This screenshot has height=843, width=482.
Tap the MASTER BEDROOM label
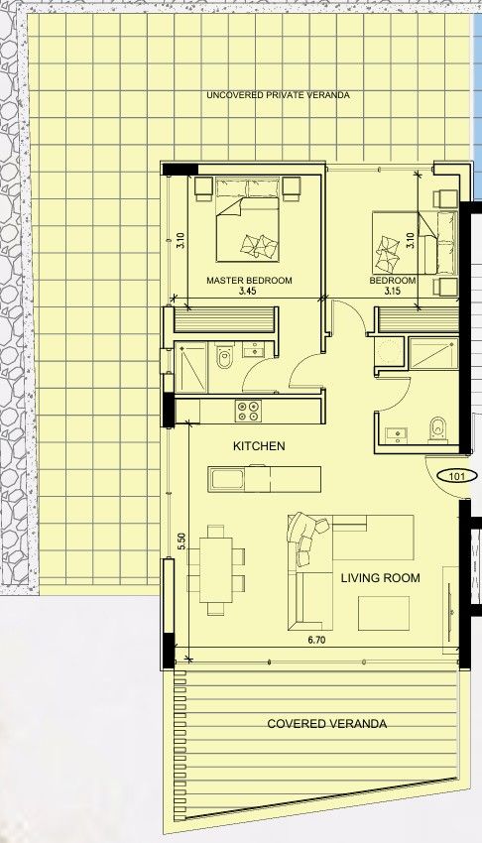(249, 280)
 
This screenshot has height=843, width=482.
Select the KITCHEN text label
(259, 446)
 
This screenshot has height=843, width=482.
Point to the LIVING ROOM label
(381, 578)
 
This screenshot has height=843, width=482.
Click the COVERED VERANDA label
(326, 724)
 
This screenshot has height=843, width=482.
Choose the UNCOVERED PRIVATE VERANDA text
(279, 95)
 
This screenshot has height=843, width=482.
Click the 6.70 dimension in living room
(316, 641)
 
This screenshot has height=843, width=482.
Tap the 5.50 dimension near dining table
(181, 541)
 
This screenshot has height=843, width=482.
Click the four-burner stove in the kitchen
(248, 412)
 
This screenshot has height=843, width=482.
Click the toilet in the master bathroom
(223, 356)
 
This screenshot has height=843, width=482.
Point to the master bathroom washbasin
(253, 350)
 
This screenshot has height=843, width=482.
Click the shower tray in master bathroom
(191, 368)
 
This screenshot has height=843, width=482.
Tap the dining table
(216, 570)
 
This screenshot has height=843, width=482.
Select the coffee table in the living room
(384, 613)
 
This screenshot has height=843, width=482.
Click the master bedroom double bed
(248, 221)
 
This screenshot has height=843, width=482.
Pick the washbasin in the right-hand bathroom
(397, 434)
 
